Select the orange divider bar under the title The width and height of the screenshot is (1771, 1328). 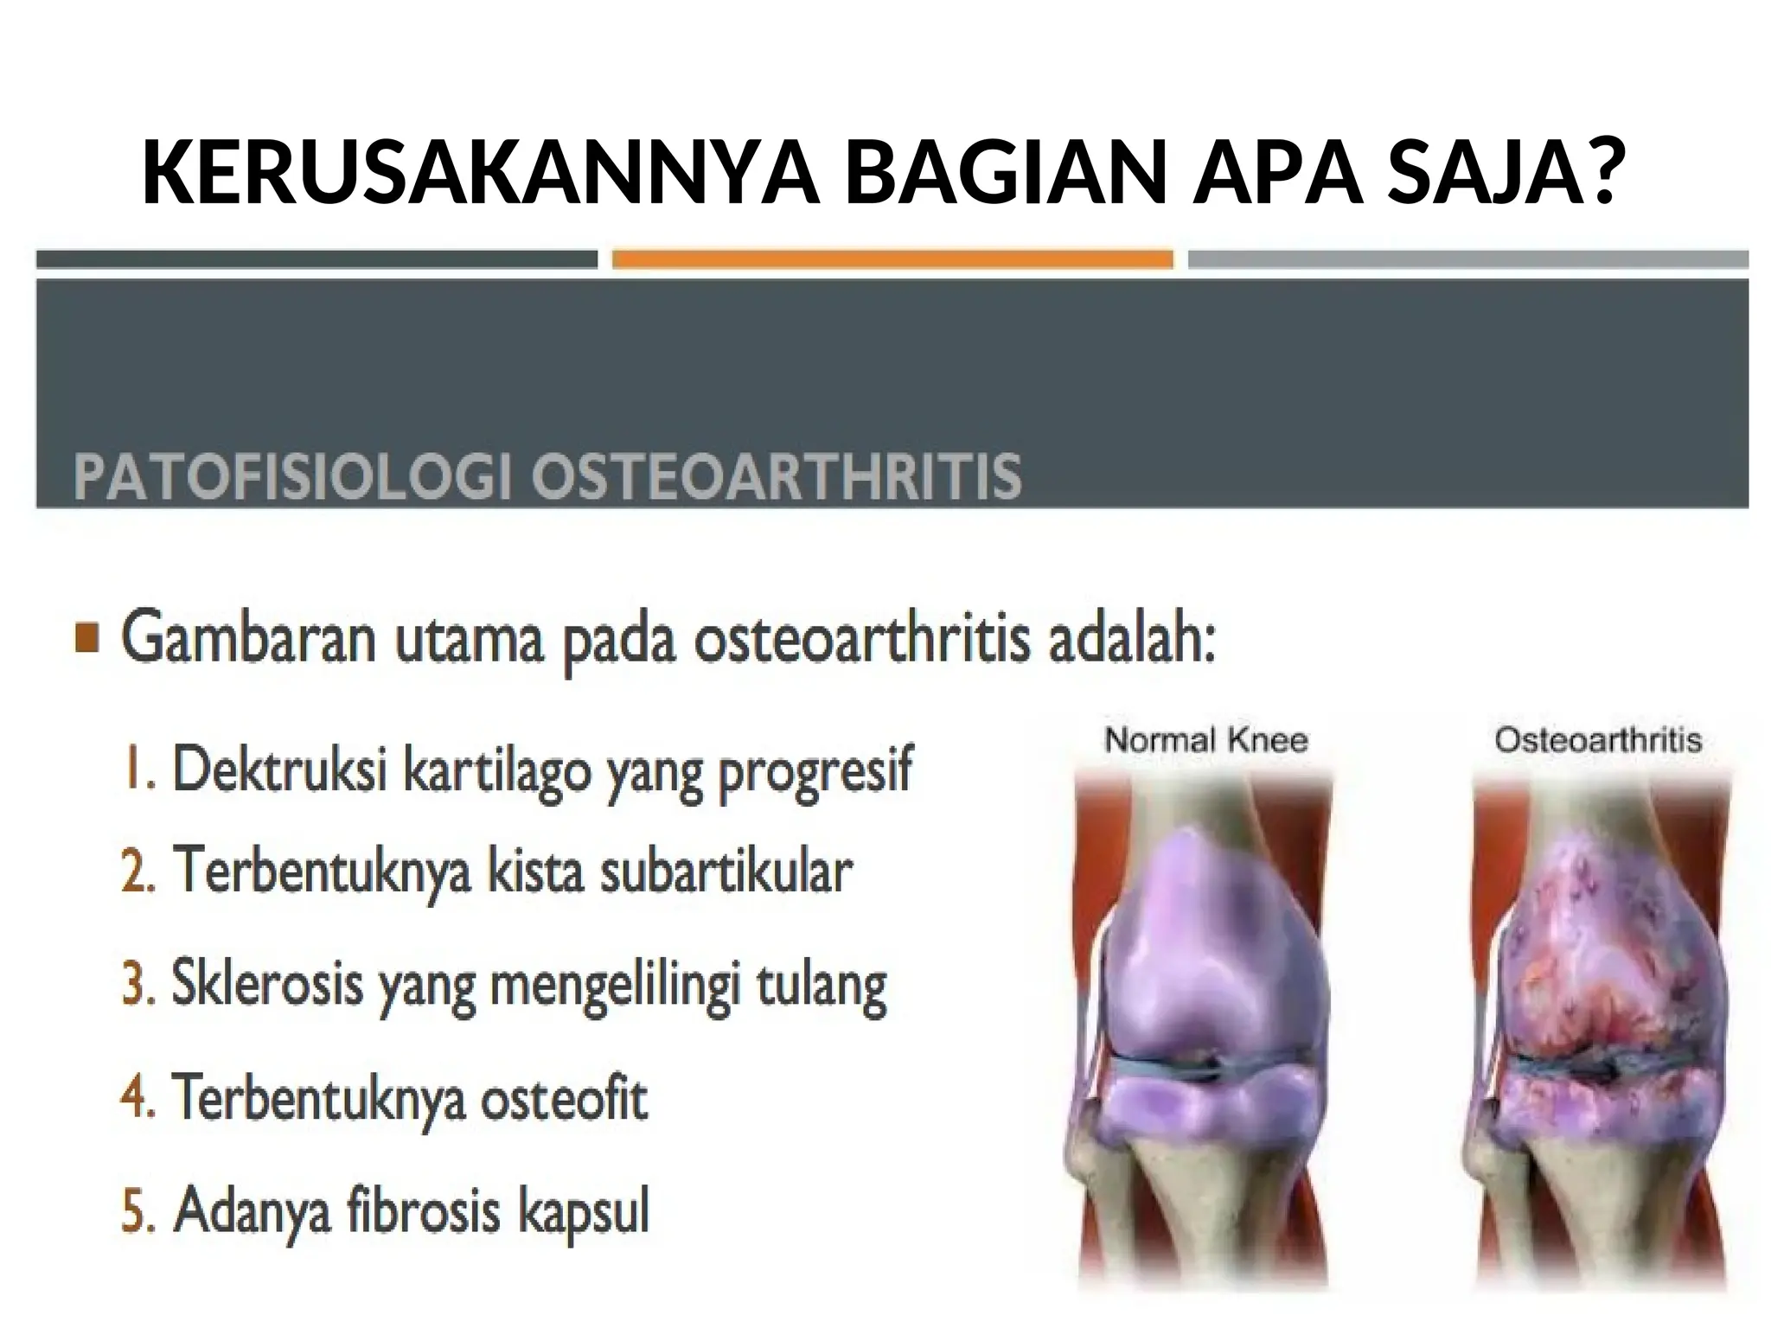[892, 259]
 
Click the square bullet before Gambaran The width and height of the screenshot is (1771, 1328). [86, 640]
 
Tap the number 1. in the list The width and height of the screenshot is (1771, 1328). [138, 769]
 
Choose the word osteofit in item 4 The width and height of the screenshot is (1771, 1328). [564, 1098]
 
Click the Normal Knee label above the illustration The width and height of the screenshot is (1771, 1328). [1206, 741]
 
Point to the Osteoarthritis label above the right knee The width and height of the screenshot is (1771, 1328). [1598, 741]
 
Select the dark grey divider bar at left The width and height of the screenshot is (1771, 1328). [316, 259]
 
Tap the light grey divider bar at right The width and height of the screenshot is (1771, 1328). [1467, 259]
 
